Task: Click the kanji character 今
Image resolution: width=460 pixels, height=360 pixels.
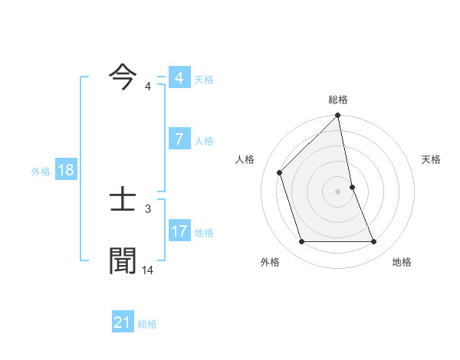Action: click(123, 78)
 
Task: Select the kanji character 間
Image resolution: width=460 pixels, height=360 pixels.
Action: click(123, 260)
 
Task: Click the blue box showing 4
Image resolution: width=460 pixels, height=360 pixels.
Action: click(179, 78)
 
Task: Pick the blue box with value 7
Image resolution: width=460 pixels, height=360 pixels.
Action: click(179, 139)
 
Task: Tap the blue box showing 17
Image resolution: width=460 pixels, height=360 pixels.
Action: click(179, 231)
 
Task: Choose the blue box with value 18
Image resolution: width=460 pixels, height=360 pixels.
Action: click(66, 170)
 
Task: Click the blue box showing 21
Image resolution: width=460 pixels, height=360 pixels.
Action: click(123, 322)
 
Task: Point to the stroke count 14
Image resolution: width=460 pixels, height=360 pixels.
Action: click(148, 270)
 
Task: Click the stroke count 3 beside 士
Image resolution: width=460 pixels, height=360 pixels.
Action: click(148, 208)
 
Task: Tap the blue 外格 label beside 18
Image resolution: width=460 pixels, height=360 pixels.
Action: click(41, 172)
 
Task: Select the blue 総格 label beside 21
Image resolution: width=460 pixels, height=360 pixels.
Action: click(148, 324)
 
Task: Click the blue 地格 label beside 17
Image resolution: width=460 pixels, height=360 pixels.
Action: click(205, 232)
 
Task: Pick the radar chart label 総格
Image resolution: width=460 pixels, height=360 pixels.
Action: click(338, 100)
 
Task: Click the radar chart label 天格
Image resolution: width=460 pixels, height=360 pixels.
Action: click(431, 159)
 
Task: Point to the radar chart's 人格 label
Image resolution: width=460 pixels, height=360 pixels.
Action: click(245, 159)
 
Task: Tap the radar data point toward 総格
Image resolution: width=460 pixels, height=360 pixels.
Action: click(338, 116)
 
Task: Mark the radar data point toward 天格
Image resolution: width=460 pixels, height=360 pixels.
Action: click(352, 187)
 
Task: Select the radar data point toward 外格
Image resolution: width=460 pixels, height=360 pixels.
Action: click(301, 242)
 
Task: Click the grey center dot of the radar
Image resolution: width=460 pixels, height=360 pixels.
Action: click(338, 191)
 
